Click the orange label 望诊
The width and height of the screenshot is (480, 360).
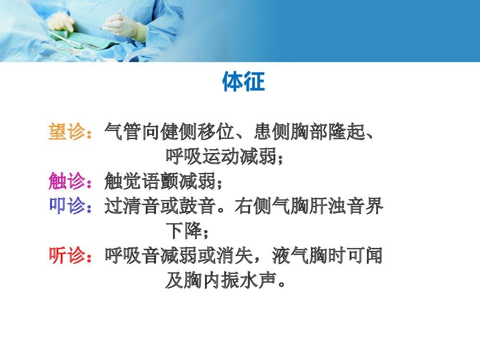(x=67, y=131)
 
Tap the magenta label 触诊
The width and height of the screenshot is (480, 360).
(x=67, y=181)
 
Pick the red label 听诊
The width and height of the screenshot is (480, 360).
(x=67, y=256)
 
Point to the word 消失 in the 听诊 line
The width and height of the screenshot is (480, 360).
(x=236, y=256)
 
